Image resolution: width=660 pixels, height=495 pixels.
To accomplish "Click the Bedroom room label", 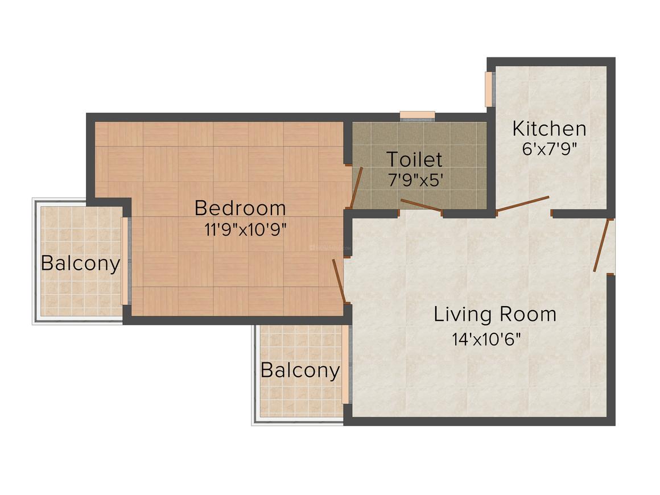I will point(240,208).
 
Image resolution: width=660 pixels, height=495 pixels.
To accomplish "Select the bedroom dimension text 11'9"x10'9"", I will point(245,230).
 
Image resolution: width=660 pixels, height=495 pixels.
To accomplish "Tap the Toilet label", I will point(414,159).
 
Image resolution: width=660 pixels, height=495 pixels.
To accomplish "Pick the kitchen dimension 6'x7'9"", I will point(550,149).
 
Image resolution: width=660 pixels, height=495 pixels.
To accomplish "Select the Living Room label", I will point(494,315).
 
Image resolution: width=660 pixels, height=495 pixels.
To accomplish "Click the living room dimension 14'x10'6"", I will point(486,340).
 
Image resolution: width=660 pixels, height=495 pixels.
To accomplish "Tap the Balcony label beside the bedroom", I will point(81,263).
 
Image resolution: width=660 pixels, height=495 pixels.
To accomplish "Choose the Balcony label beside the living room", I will point(300,370).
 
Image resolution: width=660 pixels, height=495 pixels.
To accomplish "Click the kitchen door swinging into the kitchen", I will point(523,204).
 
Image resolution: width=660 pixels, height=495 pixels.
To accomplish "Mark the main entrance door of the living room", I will point(601,245).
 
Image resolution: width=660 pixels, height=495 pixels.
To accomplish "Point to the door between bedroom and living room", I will point(339,280).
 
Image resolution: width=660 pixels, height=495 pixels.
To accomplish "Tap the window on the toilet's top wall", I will point(417,116).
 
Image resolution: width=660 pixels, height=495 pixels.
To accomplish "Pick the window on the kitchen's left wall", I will point(488,89).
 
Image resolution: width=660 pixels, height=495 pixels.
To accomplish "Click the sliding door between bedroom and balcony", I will point(124,261).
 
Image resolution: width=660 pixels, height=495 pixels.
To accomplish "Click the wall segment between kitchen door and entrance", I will point(579,213).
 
